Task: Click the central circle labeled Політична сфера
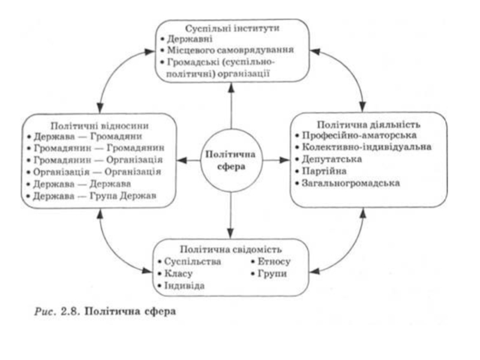(x=232, y=161)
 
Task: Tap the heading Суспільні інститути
(x=232, y=28)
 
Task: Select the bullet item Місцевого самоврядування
(x=230, y=50)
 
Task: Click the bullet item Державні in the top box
(x=190, y=39)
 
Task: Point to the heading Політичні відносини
(x=100, y=126)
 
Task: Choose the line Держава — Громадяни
(x=88, y=137)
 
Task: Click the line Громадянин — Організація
(x=98, y=160)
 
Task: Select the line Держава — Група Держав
(x=95, y=196)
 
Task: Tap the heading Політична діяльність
(x=368, y=125)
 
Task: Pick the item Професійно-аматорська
(x=359, y=136)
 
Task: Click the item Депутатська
(x=332, y=159)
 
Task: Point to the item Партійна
(x=324, y=171)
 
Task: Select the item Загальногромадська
(x=351, y=183)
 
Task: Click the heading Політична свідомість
(x=231, y=250)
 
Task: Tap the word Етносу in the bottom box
(x=274, y=262)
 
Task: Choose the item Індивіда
(x=185, y=286)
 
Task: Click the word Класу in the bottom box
(x=178, y=274)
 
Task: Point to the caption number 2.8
(x=71, y=311)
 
